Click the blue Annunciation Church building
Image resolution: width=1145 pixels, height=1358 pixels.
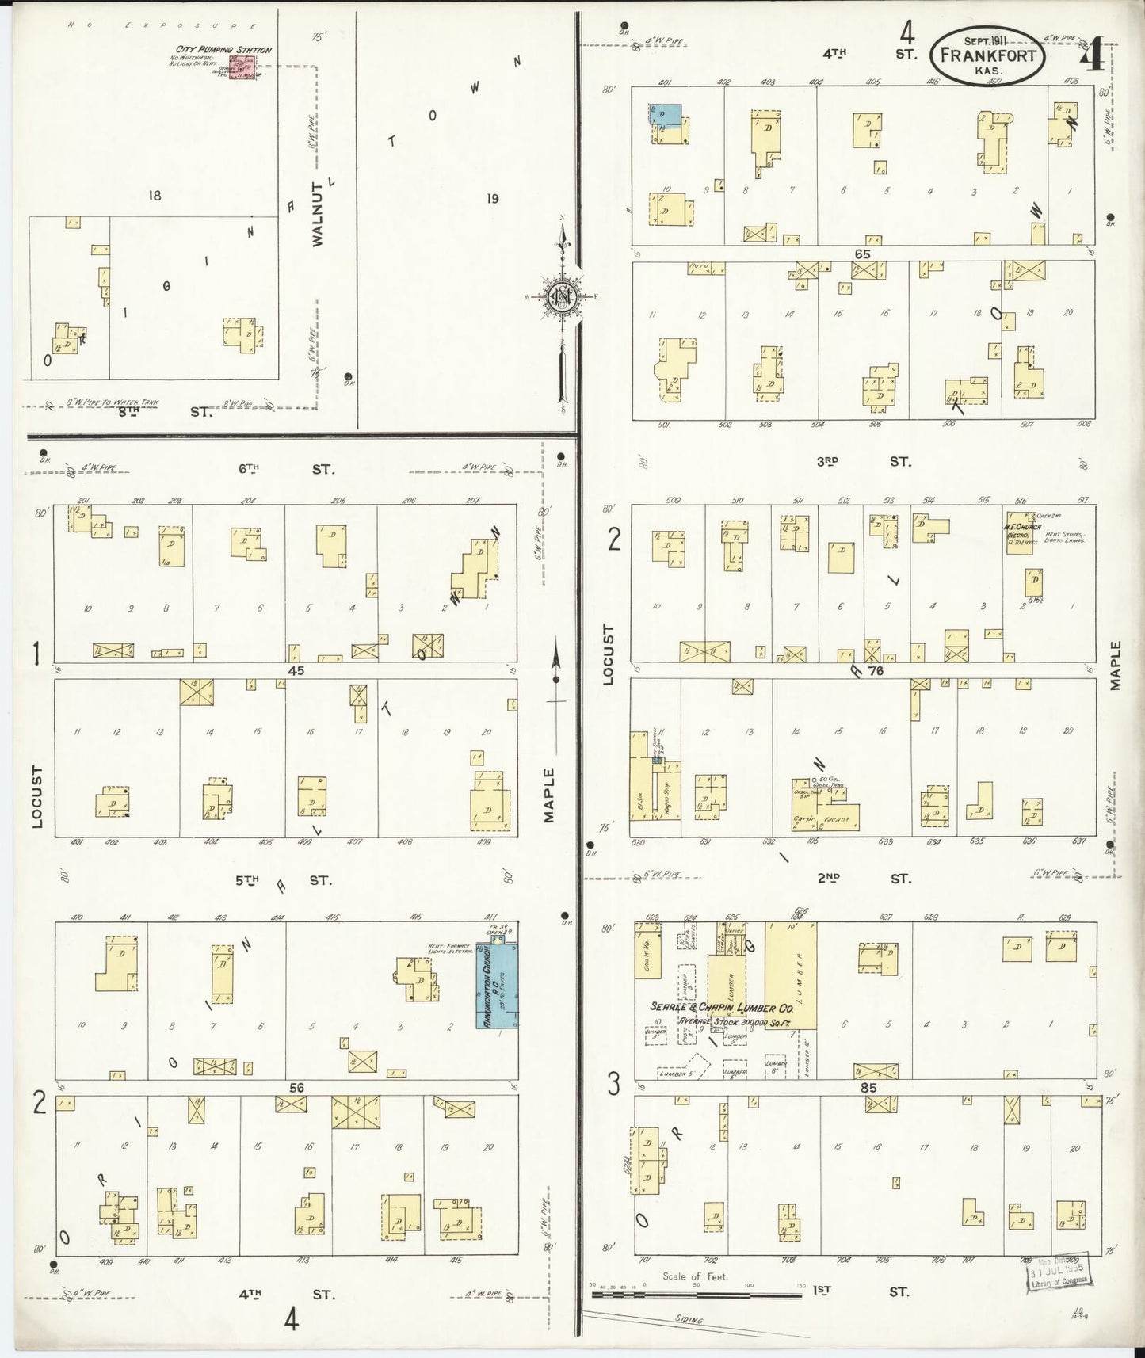[x=498, y=985]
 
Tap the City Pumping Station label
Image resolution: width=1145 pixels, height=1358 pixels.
[x=223, y=50]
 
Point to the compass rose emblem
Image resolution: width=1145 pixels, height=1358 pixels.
[x=561, y=297]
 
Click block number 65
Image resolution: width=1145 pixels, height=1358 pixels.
[x=862, y=254]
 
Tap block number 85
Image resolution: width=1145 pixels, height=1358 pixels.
[x=868, y=1088]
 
